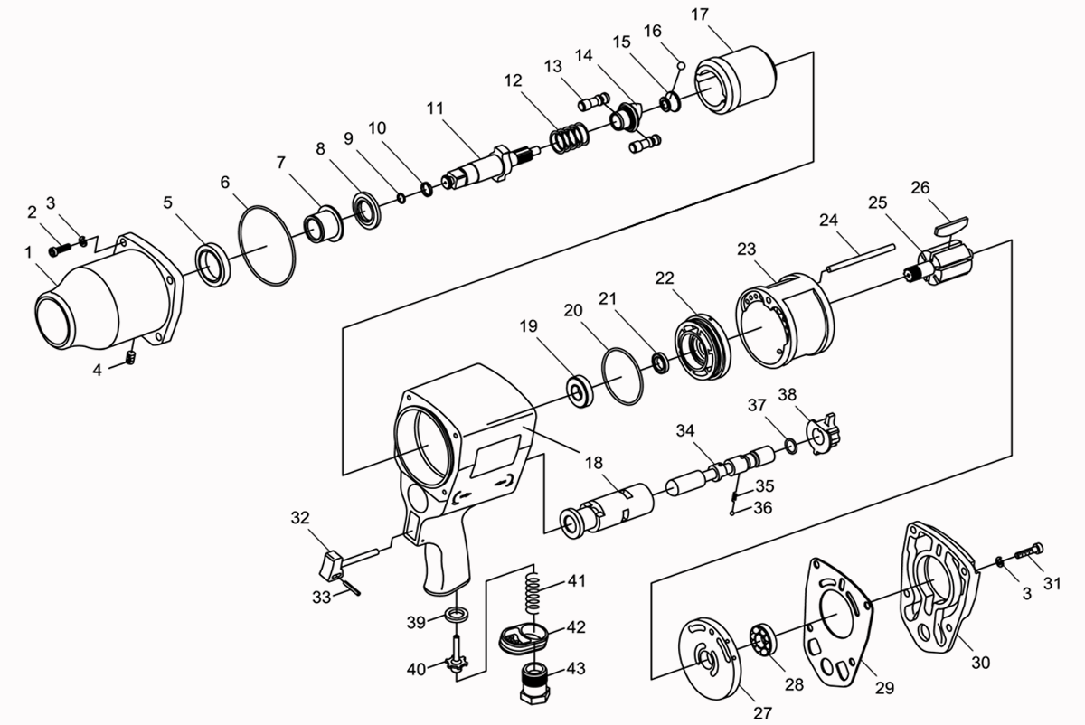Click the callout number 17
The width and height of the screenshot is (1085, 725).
[700, 14]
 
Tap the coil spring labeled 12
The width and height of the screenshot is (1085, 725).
[571, 137]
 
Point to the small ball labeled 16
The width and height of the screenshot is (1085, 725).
[681, 65]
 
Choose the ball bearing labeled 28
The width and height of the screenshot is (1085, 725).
[763, 640]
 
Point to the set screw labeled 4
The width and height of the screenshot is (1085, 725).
[131, 358]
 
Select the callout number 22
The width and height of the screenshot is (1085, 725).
[665, 278]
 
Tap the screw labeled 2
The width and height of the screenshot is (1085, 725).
[60, 250]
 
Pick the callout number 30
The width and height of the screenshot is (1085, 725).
[981, 662]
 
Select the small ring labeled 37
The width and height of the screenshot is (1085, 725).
[790, 446]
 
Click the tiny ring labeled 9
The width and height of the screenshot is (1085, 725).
[401, 198]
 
